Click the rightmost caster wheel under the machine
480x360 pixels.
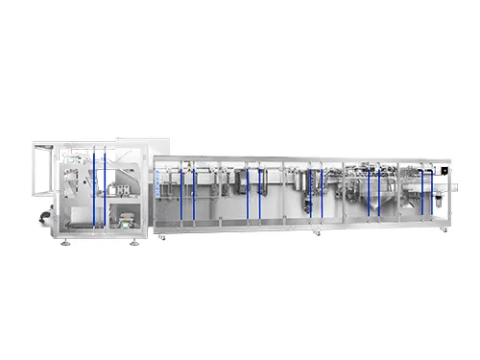tap(443, 232)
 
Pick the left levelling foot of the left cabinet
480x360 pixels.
tap(64, 239)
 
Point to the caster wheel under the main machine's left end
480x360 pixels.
tap(160, 235)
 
